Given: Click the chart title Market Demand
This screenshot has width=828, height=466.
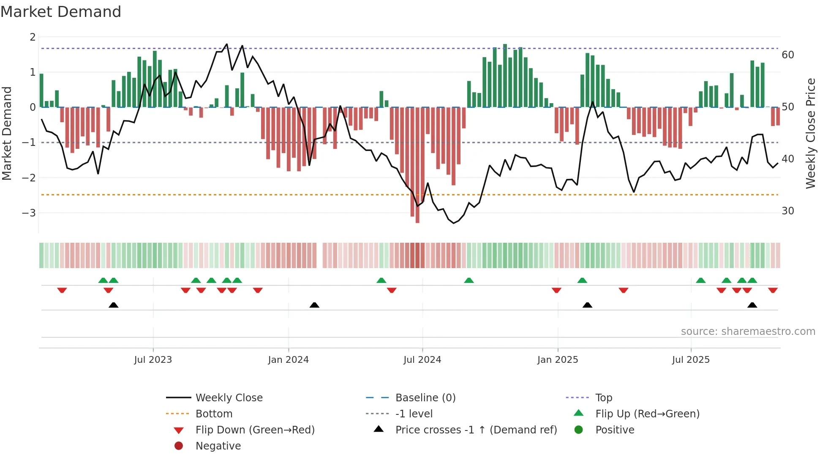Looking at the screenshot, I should tap(61, 12).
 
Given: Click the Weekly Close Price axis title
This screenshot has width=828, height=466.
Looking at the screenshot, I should tap(810, 133).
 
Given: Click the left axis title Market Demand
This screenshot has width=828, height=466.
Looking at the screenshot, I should tap(7, 133).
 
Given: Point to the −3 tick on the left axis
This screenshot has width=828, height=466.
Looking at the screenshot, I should tap(29, 213).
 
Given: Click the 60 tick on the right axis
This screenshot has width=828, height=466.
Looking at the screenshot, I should tap(787, 55).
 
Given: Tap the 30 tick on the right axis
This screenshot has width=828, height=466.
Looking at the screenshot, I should tap(787, 211).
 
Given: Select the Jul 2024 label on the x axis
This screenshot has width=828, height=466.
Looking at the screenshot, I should tap(422, 360).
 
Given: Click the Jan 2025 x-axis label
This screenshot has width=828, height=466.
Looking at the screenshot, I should tap(557, 360).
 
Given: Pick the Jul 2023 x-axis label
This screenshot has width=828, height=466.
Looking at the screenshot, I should tap(153, 360).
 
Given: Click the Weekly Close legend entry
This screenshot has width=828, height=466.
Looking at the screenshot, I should tap(229, 398).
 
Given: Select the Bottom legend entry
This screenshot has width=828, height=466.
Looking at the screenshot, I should tap(214, 414).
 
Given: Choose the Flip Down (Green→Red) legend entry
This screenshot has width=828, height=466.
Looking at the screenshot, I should tap(255, 430).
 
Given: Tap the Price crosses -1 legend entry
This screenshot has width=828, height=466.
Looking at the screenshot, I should tap(476, 430).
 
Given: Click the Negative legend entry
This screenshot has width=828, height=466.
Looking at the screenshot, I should tap(218, 446).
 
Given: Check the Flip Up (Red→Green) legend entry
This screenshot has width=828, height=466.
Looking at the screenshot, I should tap(647, 414).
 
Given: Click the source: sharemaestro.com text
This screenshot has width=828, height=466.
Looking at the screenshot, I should tap(748, 332).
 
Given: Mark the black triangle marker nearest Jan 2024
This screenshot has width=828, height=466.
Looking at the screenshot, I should tap(314, 305).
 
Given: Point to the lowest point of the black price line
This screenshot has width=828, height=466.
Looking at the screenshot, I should tap(454, 223).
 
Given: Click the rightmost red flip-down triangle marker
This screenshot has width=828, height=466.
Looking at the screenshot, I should tap(773, 291).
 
